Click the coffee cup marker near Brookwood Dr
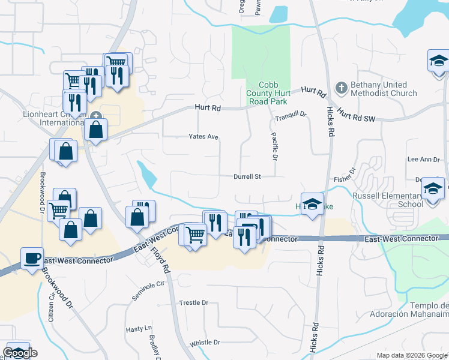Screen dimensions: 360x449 point(32,259)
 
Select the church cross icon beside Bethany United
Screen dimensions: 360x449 point(340,88)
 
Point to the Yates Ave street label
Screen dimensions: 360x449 point(203,137)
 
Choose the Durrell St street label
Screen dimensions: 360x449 point(247,177)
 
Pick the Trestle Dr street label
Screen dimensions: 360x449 point(193,303)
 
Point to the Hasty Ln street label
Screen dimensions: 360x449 point(139,329)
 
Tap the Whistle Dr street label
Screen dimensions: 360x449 point(205,343)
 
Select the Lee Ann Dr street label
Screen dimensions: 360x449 point(424,160)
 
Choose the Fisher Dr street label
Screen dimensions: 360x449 point(346,175)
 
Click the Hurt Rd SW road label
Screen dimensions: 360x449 point(356,114)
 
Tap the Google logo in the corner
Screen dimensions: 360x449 point(20,353)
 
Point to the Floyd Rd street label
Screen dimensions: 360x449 point(161,259)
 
